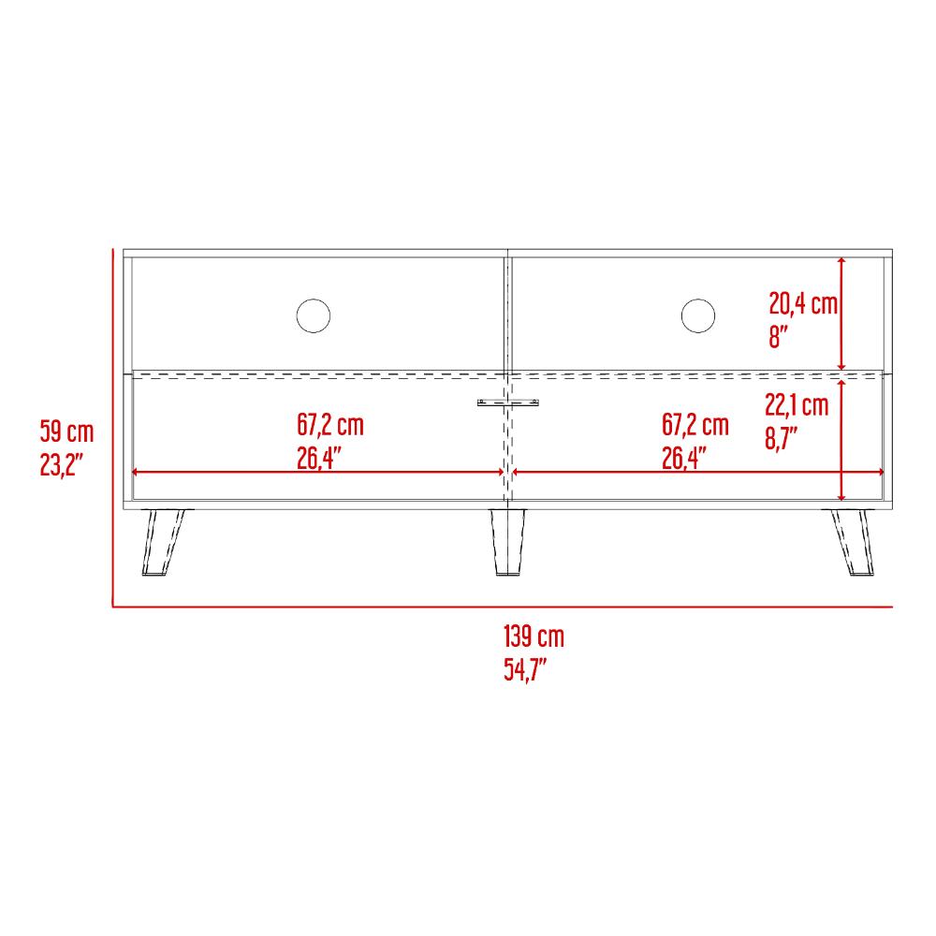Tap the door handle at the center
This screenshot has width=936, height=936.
click(x=508, y=402)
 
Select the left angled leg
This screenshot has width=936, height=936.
click(x=163, y=542)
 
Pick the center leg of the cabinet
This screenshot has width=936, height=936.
click(x=508, y=542)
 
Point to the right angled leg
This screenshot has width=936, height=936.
click(x=853, y=542)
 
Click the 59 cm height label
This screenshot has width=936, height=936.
click(x=66, y=431)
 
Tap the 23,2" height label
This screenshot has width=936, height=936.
click(x=61, y=464)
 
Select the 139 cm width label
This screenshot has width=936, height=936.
click(x=534, y=636)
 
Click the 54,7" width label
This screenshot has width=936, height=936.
click(x=525, y=669)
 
